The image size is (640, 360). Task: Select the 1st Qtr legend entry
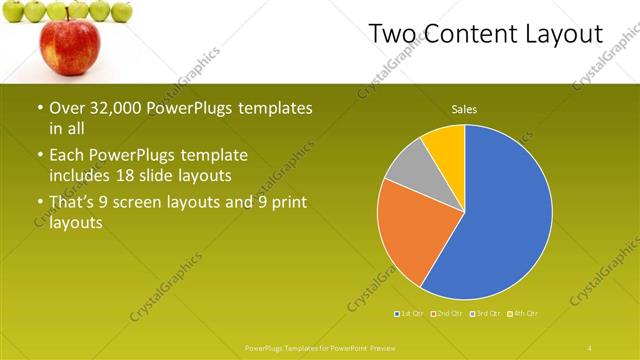410,314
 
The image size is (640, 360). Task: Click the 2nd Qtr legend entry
446,314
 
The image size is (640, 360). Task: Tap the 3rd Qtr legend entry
485,314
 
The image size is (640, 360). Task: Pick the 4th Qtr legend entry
524,314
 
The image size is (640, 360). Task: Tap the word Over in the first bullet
67,108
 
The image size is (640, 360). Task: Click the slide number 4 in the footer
590,347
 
